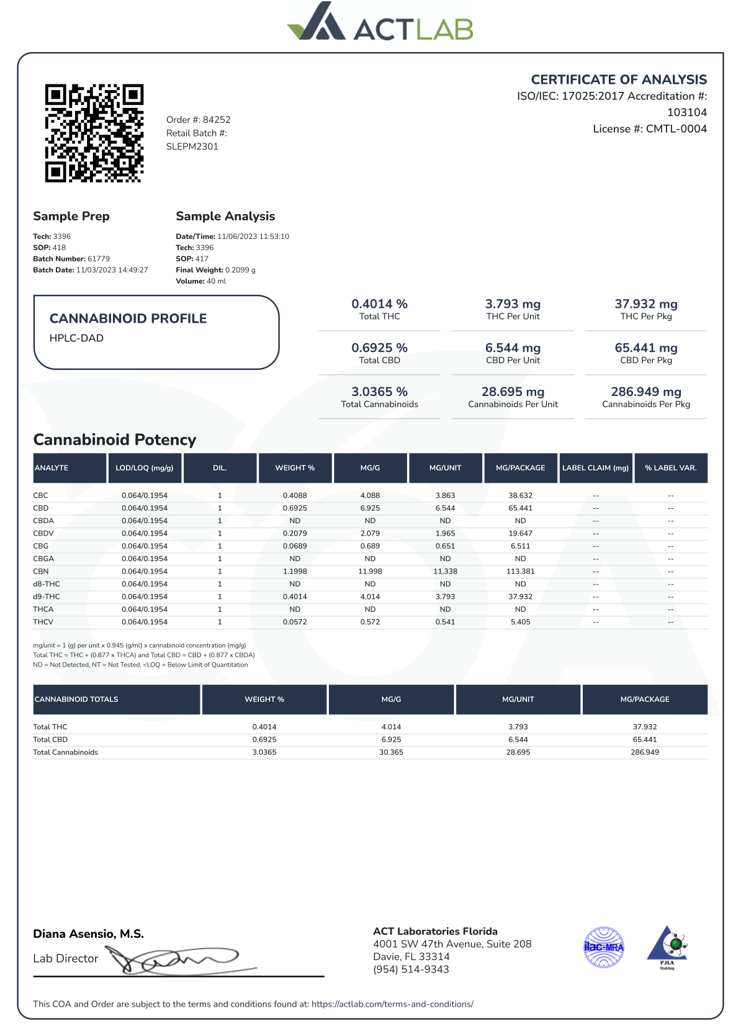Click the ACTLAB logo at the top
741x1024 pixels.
point(380,24)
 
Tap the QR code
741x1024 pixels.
point(94,133)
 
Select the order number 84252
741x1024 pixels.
point(217,120)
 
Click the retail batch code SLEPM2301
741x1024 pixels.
point(192,146)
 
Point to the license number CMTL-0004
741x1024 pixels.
point(676,129)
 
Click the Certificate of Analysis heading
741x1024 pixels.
point(619,79)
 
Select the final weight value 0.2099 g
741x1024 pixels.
point(240,270)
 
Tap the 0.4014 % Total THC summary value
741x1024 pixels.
point(379,304)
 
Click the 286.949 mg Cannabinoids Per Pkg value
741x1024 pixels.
point(645,392)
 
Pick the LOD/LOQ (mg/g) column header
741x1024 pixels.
point(145,468)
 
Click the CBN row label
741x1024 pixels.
point(41,572)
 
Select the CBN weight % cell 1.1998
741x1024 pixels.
point(295,572)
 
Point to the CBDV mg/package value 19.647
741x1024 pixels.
point(520,534)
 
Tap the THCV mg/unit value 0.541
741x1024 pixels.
point(445,622)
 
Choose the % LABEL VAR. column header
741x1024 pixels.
point(670,468)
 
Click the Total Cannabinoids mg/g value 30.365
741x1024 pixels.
point(391,752)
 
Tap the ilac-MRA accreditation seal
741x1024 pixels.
point(604,947)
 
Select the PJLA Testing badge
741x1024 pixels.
point(667,948)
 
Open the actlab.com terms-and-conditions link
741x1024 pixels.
point(392,1004)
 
